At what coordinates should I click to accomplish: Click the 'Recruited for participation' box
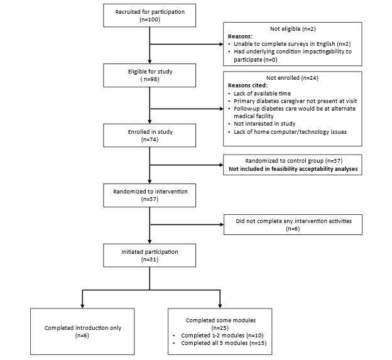150,16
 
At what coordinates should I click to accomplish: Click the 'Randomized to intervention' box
150,194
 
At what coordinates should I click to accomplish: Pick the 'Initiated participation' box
150,255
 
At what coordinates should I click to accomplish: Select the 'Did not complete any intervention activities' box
293,224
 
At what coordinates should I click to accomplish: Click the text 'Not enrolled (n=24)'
293,77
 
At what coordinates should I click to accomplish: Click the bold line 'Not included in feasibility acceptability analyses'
293,168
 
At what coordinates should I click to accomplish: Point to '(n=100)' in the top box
150,19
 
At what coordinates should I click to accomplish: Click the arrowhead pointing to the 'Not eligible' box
221,45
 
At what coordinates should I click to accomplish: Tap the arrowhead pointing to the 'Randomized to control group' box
221,165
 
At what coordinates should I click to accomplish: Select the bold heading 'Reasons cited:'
248,85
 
